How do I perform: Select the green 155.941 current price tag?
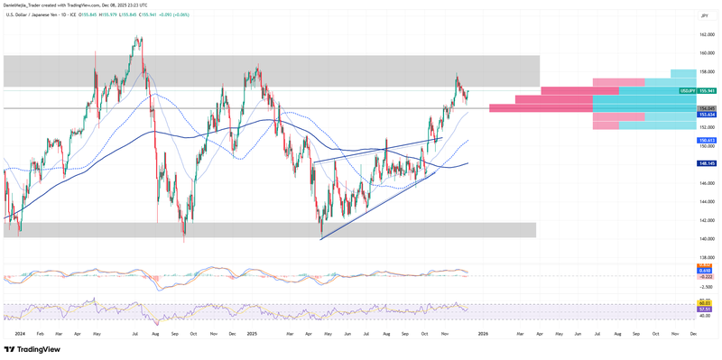[706, 91]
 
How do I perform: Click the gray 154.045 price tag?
[706, 108]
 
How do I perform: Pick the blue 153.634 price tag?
[706, 115]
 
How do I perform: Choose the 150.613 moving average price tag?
[706, 141]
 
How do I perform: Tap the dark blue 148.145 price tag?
[706, 163]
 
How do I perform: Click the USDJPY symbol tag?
[688, 91]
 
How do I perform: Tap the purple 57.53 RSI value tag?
[706, 309]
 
